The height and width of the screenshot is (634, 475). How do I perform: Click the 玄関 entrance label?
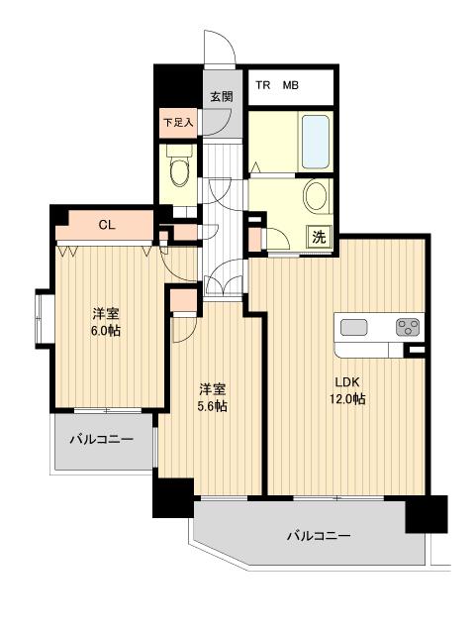point(221,96)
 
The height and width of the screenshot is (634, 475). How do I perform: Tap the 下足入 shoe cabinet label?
point(178,123)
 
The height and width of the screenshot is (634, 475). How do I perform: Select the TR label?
point(262,86)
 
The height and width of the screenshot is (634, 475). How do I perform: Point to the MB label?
point(291,86)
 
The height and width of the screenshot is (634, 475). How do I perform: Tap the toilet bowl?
point(179,172)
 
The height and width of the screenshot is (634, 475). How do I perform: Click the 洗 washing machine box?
point(319,237)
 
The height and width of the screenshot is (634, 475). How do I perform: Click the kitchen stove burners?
point(407,326)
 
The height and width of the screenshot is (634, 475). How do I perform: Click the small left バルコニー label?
point(100,439)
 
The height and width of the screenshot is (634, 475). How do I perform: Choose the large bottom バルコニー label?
point(319,536)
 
